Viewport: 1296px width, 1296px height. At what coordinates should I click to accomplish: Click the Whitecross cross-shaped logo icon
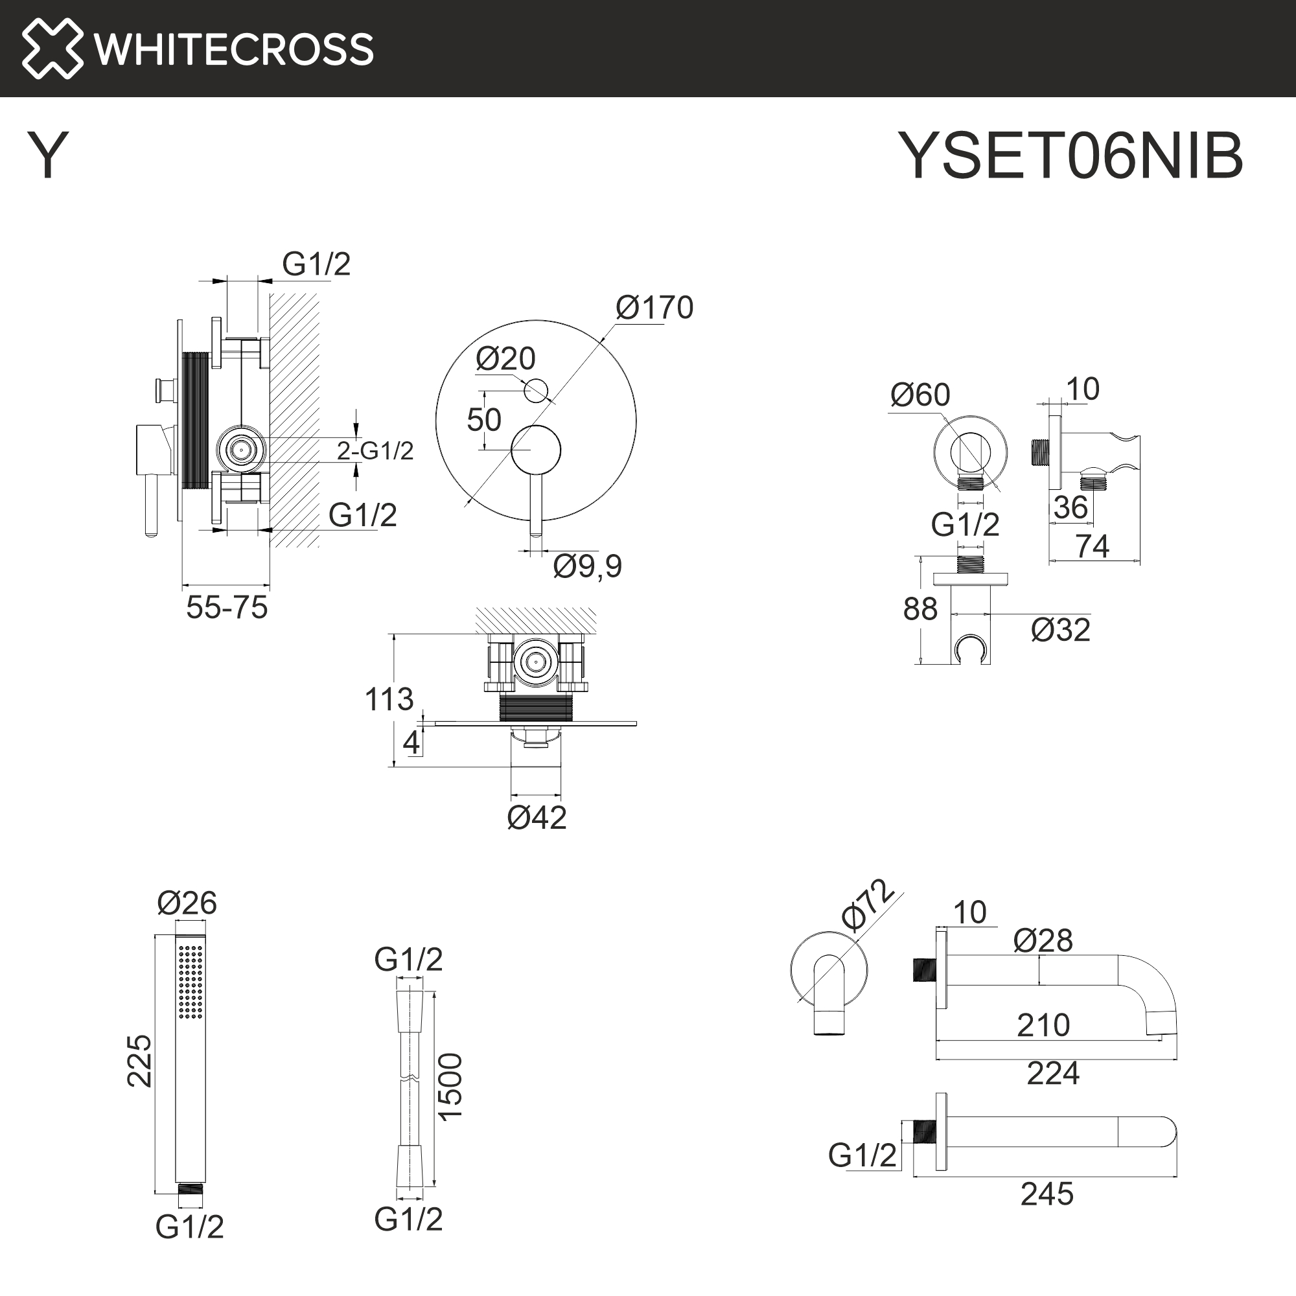click(x=52, y=49)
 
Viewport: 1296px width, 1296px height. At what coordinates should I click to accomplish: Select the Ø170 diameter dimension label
click(x=654, y=308)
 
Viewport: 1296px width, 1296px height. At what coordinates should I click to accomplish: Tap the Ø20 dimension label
click(x=505, y=359)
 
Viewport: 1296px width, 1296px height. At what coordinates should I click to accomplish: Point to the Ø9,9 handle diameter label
click(x=587, y=566)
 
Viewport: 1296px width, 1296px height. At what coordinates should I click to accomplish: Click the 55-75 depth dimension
click(x=227, y=608)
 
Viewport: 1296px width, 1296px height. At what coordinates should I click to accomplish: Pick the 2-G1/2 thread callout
click(x=375, y=451)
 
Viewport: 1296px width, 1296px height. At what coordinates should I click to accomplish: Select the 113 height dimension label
click(x=388, y=699)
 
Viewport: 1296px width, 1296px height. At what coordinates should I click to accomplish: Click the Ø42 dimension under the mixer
click(x=537, y=818)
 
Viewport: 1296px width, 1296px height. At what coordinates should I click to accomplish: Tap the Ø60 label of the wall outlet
click(x=920, y=395)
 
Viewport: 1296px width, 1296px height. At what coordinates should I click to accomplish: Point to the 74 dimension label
click(x=1092, y=546)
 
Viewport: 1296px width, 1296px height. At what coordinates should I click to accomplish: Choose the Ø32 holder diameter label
click(x=1060, y=630)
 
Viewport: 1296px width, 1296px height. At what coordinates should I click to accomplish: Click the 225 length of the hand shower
click(x=140, y=1061)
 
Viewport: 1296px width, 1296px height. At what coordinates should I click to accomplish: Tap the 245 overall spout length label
click(x=1047, y=1195)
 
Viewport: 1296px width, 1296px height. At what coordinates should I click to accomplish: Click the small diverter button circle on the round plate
click(x=535, y=389)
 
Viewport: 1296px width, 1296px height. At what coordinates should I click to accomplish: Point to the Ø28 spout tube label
click(x=1043, y=940)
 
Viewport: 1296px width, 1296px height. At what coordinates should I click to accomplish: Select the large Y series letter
click(x=47, y=155)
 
